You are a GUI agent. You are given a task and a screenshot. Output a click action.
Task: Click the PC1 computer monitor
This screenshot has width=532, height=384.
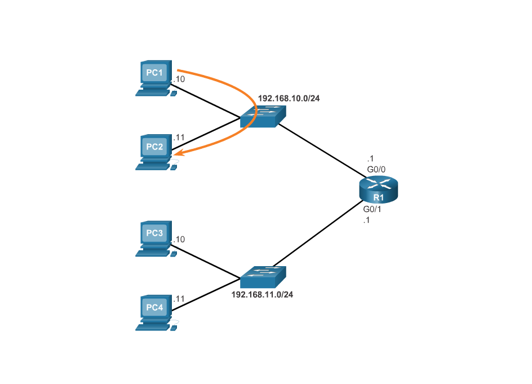[x=154, y=73]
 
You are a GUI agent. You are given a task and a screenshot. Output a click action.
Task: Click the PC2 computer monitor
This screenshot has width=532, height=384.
[x=154, y=147]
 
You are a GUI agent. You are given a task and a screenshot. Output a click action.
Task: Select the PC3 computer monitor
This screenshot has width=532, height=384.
[x=154, y=233]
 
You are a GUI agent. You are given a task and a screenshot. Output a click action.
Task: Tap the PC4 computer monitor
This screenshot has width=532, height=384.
[x=154, y=307]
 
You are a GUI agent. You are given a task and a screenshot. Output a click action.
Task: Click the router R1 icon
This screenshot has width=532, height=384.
[x=378, y=189]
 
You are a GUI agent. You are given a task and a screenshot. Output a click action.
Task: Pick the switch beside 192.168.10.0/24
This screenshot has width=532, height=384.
[x=263, y=117]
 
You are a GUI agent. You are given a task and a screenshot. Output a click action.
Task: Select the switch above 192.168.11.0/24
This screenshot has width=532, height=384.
[x=263, y=277]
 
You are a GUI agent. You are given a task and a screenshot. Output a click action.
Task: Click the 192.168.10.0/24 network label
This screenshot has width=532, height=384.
[x=289, y=98]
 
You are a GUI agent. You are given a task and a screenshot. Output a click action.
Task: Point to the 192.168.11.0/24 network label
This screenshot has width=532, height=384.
[x=262, y=294]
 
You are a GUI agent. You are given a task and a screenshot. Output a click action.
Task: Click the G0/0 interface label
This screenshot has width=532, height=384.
[x=376, y=169]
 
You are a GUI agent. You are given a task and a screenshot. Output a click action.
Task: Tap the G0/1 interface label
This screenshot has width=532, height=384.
[x=372, y=209]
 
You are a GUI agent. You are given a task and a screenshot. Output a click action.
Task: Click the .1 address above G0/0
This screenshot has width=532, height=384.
[x=370, y=159]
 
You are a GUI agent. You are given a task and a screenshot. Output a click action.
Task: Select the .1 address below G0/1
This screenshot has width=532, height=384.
[x=366, y=220]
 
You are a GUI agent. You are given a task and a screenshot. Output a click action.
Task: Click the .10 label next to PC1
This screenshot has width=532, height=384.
[x=179, y=80]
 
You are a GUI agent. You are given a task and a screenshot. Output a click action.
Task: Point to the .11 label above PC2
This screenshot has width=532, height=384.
[x=179, y=137]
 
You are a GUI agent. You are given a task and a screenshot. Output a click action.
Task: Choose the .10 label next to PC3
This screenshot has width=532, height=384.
[x=179, y=240]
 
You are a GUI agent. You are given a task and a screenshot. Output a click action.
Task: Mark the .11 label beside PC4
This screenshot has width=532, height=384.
[x=179, y=298]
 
